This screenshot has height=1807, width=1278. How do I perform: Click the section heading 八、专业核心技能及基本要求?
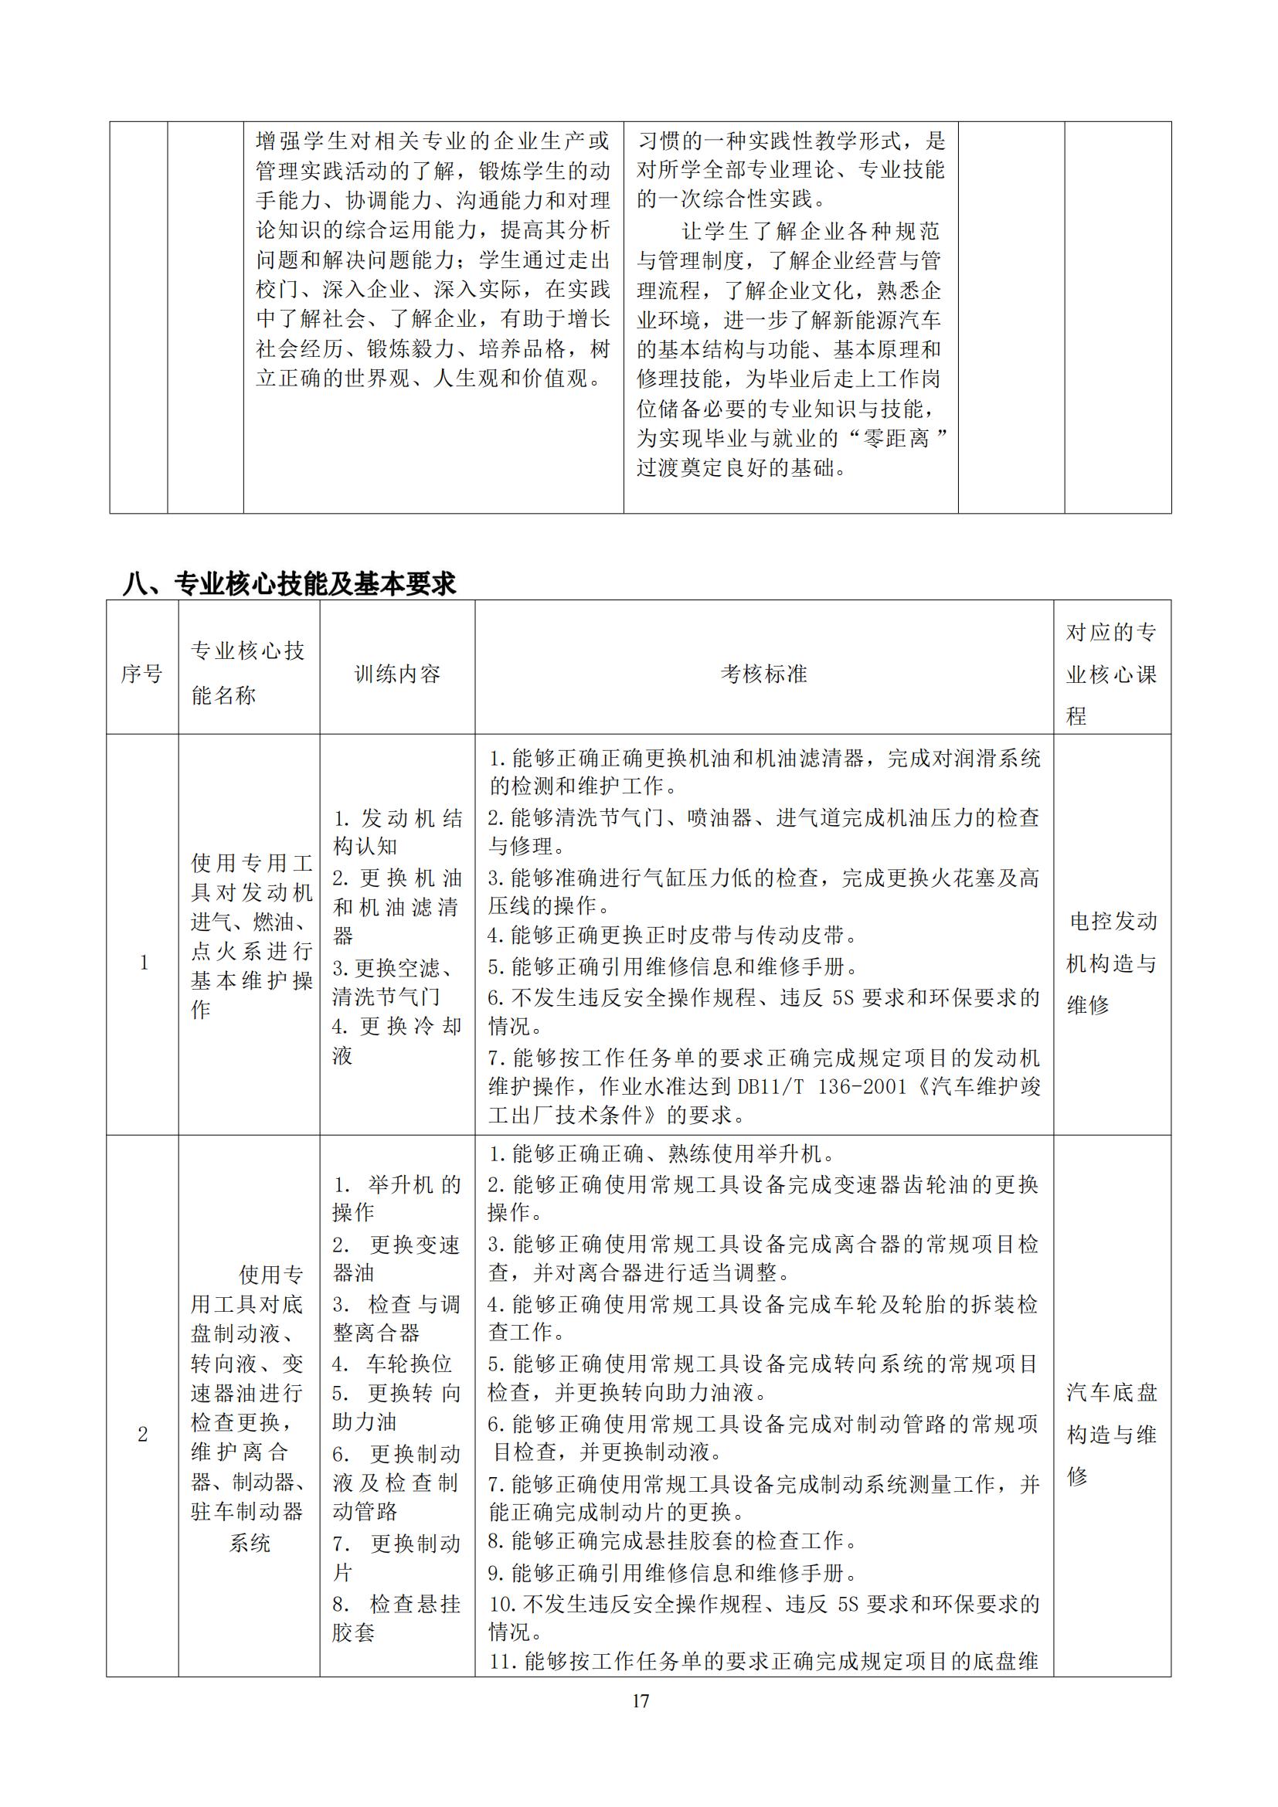click(290, 583)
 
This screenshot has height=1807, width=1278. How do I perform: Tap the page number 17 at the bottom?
click(641, 1700)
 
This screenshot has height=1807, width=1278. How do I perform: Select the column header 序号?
click(141, 674)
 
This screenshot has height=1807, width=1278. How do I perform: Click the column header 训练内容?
click(396, 674)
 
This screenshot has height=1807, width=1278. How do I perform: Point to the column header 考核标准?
click(763, 674)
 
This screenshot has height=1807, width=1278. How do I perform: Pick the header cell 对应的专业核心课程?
click(1111, 674)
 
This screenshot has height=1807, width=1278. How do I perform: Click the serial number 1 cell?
click(143, 963)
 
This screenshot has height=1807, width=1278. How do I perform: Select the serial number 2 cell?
click(142, 1434)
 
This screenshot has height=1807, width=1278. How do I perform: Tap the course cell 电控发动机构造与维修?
click(1111, 963)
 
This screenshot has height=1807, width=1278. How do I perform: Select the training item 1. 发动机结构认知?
click(396, 833)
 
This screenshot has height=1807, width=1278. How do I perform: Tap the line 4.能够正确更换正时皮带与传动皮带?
click(673, 935)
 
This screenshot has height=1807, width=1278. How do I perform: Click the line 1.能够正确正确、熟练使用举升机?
click(661, 1153)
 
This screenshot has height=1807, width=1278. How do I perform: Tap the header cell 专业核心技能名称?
click(248, 673)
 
